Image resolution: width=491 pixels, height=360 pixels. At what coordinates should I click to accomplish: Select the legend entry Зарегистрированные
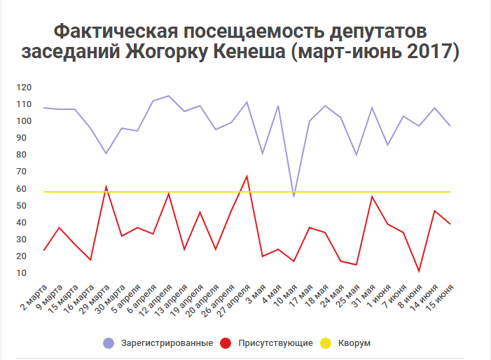pyautogui.click(x=167, y=343)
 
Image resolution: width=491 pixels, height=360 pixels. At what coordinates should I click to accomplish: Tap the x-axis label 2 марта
pyautogui.click(x=34, y=297)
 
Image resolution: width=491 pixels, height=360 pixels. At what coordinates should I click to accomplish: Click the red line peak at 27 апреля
pyautogui.click(x=247, y=176)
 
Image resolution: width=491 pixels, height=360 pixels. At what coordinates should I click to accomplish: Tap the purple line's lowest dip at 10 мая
pyautogui.click(x=293, y=196)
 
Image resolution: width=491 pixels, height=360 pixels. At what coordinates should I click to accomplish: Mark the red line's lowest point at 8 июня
pyautogui.click(x=419, y=271)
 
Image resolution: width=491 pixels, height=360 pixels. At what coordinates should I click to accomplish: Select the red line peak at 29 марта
pyautogui.click(x=106, y=186)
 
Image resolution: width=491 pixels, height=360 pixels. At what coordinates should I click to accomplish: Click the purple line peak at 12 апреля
pyautogui.click(x=168, y=96)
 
